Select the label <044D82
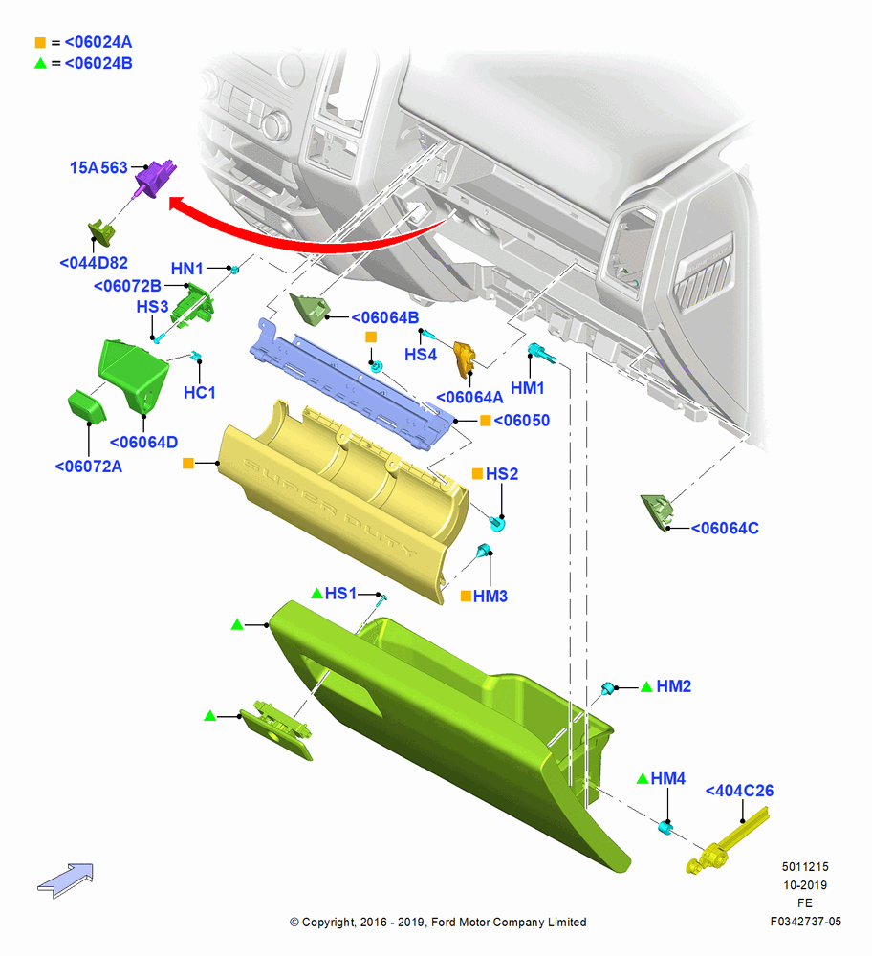pyautogui.click(x=94, y=263)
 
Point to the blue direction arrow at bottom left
pyautogui.click(x=66, y=880)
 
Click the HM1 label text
pyautogui.click(x=528, y=388)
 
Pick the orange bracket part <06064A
pyautogui.click(x=465, y=358)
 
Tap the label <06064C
pyautogui.click(x=725, y=528)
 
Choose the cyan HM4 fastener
pyautogui.click(x=665, y=827)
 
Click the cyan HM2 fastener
pyautogui.click(x=607, y=689)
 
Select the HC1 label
pyautogui.click(x=200, y=393)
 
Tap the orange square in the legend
pyautogui.click(x=40, y=43)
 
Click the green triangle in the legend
pyautogui.click(x=40, y=63)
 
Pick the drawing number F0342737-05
pyautogui.click(x=805, y=922)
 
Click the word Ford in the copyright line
pyautogui.click(x=444, y=922)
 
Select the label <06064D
pyautogui.click(x=144, y=442)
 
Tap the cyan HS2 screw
pyautogui.click(x=497, y=523)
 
